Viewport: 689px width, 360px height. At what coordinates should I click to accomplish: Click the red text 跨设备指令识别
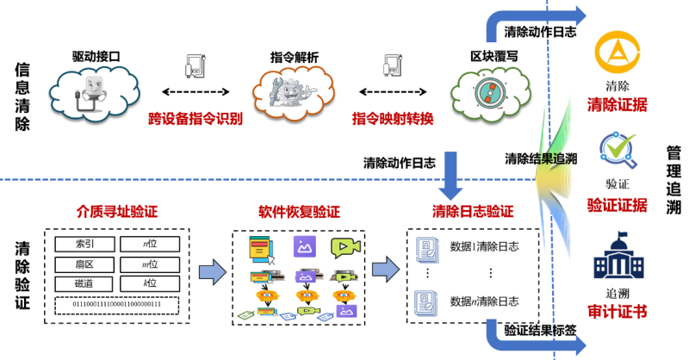tap(195, 118)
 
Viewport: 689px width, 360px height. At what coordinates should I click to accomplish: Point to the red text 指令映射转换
tap(392, 118)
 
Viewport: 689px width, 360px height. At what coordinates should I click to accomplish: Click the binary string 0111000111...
tap(117, 304)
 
